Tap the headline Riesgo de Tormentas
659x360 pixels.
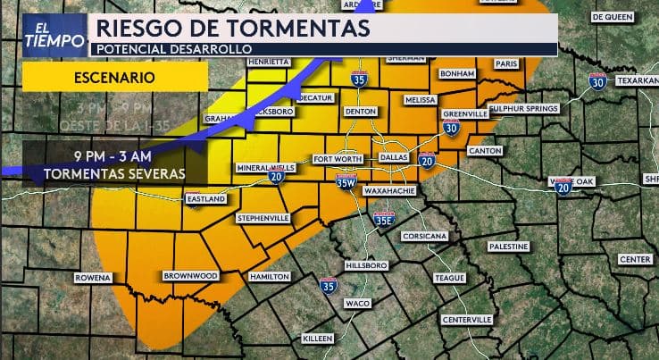tap(232, 28)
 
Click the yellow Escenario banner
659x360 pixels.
tap(114, 77)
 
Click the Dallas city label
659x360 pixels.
tap(393, 157)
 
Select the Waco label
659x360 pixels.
tap(357, 304)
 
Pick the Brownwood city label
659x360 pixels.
tap(191, 276)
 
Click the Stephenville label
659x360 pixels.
tap(263, 218)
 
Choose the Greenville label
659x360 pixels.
tap(465, 114)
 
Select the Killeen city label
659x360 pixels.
tap(318, 339)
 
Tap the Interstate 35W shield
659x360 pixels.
tap(346, 182)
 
